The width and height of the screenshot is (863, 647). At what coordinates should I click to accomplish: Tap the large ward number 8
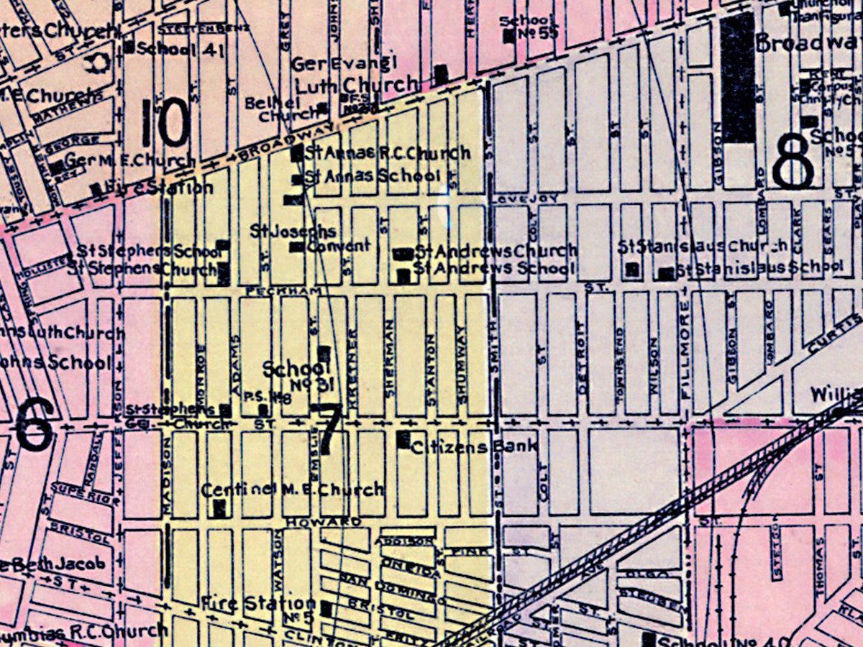[793, 164]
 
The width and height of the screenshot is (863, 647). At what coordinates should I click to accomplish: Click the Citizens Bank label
[474, 447]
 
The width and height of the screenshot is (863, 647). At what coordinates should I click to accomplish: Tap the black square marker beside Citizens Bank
[403, 439]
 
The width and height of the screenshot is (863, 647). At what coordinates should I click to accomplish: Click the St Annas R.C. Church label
[388, 152]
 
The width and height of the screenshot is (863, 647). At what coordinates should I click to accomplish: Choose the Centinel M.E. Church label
[292, 490]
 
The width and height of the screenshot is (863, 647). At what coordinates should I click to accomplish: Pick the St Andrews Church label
[496, 251]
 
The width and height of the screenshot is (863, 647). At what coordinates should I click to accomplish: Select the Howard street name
[321, 520]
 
